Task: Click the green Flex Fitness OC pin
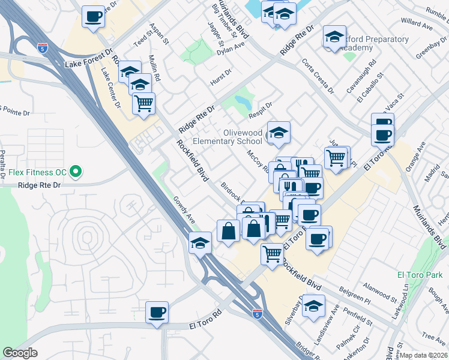75,173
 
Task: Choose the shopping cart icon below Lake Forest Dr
143,104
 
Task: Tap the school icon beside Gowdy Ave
200,243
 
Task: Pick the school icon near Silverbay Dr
313,306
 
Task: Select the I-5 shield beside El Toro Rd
258,313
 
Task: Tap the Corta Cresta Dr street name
318,76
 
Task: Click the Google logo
20,353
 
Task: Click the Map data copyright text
424,355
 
